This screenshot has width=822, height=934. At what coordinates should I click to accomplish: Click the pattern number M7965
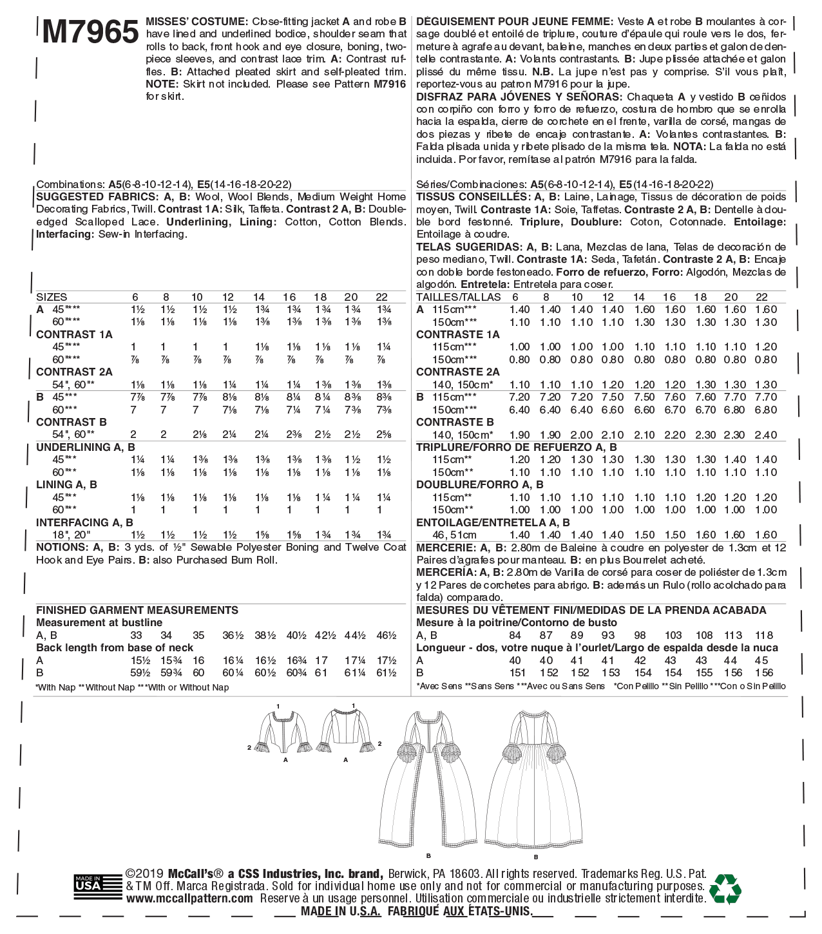point(90,32)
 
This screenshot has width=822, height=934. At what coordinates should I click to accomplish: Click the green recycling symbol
point(725,889)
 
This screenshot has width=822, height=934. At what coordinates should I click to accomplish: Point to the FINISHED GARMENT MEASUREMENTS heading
point(137,610)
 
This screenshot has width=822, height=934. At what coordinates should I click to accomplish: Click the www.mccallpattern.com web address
point(189,899)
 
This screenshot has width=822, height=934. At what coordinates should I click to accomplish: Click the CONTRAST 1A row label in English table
point(74,334)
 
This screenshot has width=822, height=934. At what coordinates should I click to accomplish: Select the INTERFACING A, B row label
point(84,522)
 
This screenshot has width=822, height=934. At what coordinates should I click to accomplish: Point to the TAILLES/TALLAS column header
point(458,297)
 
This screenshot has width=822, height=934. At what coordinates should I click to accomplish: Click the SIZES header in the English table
point(52,297)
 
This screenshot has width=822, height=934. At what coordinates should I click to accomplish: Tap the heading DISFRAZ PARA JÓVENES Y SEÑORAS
point(519,97)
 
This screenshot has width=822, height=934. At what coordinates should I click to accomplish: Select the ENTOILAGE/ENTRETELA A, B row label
point(493,522)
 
